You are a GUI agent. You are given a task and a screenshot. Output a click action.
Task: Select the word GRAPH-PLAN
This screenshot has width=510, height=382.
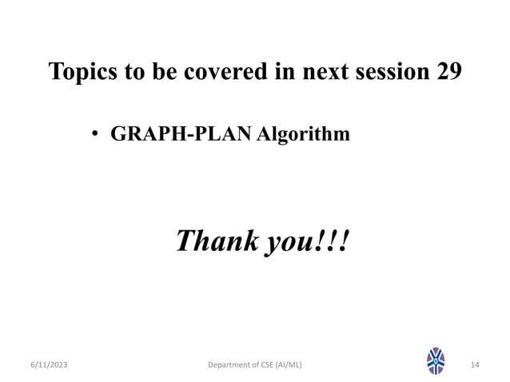coord(181,133)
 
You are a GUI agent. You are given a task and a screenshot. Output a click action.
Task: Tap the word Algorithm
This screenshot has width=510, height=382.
coord(303,133)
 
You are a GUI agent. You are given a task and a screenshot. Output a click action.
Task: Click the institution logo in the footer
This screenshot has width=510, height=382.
coord(436,362)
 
